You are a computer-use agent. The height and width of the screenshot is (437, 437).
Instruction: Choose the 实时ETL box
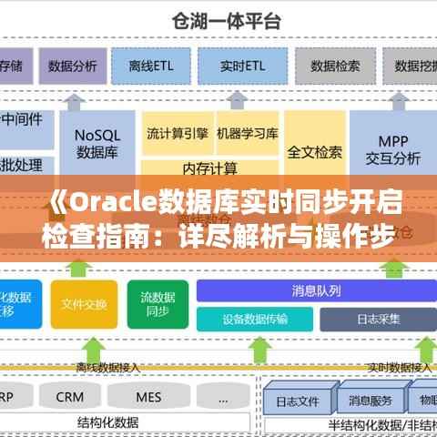[x=243, y=66]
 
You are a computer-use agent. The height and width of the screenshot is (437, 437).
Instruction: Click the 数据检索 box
[x=335, y=66]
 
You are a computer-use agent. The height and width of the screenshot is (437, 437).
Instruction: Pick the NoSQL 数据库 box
[x=97, y=141]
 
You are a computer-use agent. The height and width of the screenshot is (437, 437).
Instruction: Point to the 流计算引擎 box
[x=178, y=133]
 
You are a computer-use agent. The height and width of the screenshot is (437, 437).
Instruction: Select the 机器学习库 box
[x=247, y=133]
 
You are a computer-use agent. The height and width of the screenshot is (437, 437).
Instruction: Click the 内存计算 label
[x=210, y=168]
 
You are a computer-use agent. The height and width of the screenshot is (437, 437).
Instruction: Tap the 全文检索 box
[x=314, y=151]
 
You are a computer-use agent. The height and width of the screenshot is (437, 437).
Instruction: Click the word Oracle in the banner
[x=106, y=201]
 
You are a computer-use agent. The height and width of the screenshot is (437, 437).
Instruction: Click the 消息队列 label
[x=316, y=291]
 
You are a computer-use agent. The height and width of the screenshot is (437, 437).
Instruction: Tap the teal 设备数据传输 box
[x=255, y=319]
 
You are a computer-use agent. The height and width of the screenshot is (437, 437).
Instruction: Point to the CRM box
[x=69, y=397]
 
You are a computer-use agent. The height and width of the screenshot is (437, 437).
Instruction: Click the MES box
[x=148, y=397]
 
